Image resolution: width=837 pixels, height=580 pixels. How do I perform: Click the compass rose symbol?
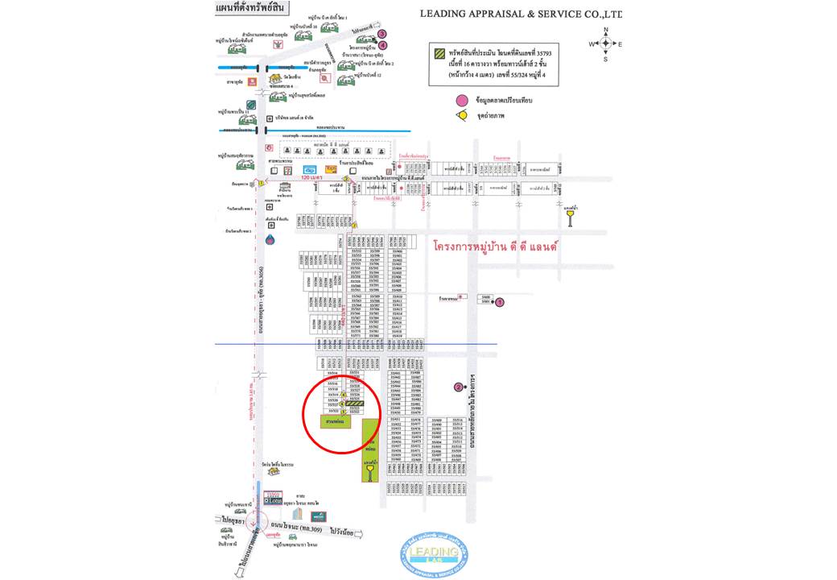tap(605, 43)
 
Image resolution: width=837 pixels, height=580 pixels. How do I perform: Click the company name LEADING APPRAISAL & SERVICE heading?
tap(521, 14)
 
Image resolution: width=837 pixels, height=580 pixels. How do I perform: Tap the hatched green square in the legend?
tap(439, 53)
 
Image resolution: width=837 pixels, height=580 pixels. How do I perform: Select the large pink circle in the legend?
tap(461, 100)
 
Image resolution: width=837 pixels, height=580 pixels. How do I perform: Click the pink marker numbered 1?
tap(499, 302)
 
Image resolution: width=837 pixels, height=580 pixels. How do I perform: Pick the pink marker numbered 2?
tap(459, 387)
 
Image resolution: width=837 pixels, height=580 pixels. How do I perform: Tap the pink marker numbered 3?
tap(383, 34)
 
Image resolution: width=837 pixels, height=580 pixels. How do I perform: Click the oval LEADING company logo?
tap(434, 553)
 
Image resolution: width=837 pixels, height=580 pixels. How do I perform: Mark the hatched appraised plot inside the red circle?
tap(355, 403)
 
